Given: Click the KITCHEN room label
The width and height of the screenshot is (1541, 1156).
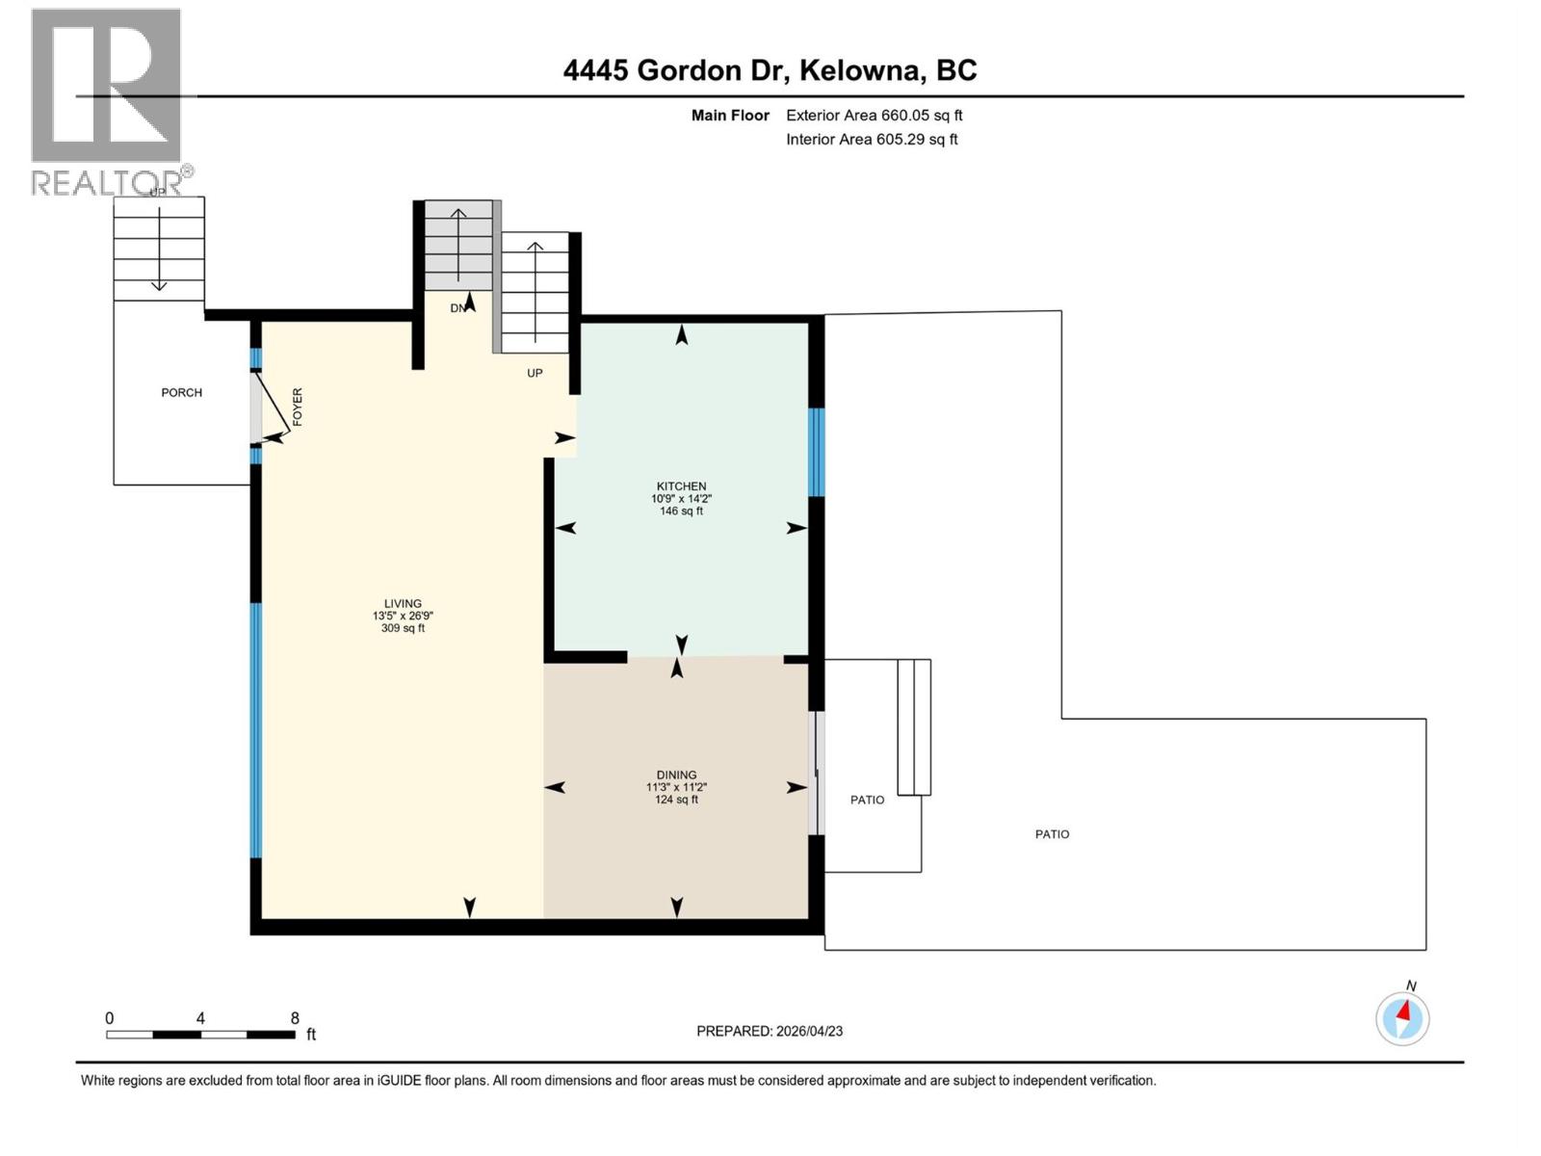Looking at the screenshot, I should click(681, 486).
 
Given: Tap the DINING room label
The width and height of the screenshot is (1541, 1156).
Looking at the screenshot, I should click(676, 775).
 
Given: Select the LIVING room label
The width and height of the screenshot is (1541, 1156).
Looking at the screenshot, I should click(403, 604).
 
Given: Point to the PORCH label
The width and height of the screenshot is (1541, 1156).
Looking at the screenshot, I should click(181, 392).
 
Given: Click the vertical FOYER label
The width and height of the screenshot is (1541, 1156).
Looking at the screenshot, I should click(298, 407).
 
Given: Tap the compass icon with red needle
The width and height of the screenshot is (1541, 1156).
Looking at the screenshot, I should click(1402, 1018).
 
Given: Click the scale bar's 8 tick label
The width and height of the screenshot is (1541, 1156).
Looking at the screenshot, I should click(295, 1018).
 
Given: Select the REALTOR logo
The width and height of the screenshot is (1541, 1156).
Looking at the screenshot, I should click(108, 101).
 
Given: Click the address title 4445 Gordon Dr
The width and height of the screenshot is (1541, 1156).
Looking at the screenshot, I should click(770, 70).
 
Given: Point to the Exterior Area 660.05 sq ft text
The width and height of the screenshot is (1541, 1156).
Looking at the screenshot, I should click(874, 115).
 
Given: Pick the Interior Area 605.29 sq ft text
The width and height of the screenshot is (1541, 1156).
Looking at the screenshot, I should click(872, 139).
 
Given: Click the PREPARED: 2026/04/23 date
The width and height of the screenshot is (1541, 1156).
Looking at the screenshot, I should click(770, 1031).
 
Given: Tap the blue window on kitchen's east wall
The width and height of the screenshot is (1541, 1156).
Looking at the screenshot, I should click(816, 452).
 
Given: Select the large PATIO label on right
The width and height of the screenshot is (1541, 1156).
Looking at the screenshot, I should click(1052, 834).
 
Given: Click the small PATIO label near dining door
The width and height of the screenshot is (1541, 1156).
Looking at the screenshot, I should click(867, 800).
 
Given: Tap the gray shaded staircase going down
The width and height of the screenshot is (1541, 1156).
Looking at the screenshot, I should click(458, 245).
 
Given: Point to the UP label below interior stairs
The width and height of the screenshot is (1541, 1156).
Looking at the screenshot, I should click(535, 373).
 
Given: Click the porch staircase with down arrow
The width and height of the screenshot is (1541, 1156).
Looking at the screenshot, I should click(159, 249).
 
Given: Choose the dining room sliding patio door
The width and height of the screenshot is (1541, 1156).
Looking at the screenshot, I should click(816, 773).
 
